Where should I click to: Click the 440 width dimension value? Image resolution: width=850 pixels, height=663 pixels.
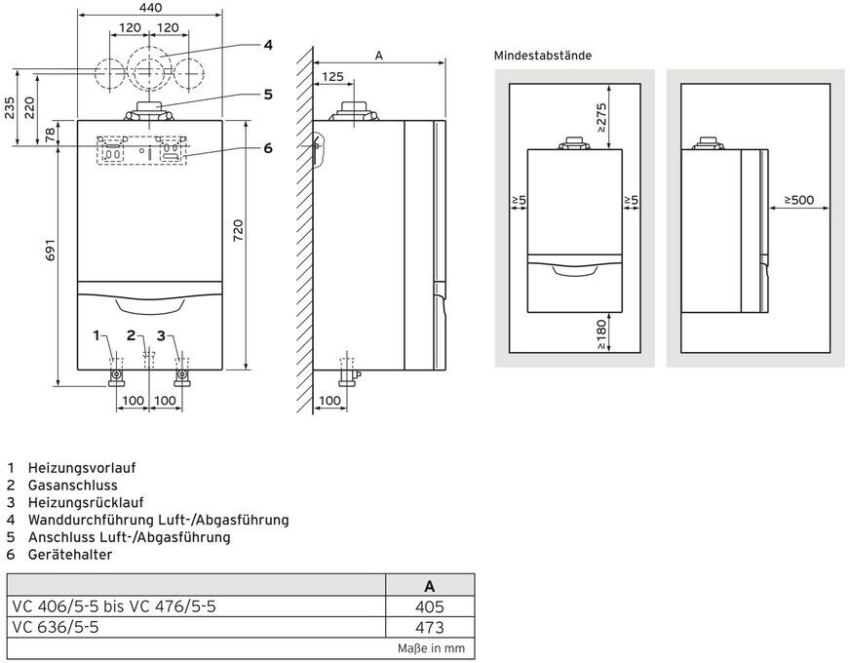(x=149, y=8)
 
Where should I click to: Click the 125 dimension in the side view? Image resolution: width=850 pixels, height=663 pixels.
(x=332, y=76)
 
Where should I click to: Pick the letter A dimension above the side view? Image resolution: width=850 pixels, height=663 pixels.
(x=379, y=56)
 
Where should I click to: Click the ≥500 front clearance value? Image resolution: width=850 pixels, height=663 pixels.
(x=804, y=201)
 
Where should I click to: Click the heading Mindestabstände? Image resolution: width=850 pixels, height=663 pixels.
(x=542, y=56)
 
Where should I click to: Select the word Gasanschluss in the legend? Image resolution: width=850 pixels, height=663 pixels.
(x=73, y=485)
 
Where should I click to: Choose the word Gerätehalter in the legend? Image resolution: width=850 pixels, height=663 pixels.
(x=70, y=555)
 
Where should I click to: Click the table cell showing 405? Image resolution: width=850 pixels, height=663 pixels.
(x=429, y=606)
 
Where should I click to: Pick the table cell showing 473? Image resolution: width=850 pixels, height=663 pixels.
(x=429, y=628)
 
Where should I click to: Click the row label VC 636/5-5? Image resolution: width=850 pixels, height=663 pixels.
(x=56, y=628)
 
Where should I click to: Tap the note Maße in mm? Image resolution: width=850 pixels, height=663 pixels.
(x=431, y=647)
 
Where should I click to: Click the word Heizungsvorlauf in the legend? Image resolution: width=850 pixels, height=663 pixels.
(x=82, y=467)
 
